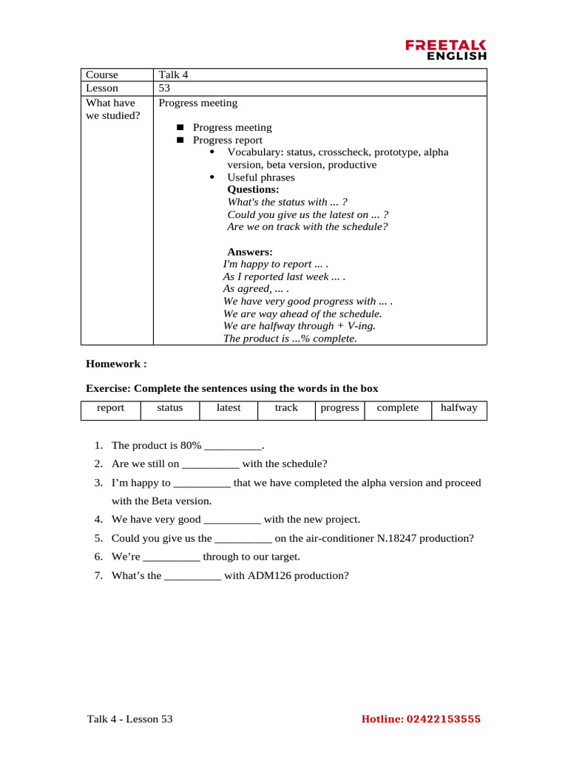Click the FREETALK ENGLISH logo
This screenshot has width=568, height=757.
446,50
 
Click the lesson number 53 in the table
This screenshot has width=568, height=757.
164,89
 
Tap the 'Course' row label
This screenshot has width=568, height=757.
102,75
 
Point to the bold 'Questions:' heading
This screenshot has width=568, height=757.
253,189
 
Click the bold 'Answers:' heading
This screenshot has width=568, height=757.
249,252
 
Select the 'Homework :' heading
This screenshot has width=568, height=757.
116,364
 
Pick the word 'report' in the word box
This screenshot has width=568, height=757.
110,408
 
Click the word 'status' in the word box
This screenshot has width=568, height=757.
169,408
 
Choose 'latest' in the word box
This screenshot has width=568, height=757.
228,408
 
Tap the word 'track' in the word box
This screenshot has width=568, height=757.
286,408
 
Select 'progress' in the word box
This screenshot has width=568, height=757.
339,408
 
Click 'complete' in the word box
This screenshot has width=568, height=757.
397,408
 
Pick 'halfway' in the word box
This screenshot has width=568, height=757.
459,408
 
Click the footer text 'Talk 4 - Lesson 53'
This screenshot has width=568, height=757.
129,719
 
